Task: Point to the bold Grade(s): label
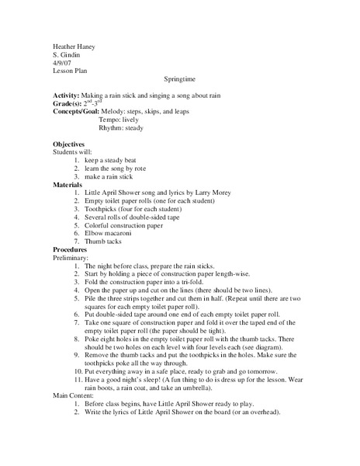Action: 69,103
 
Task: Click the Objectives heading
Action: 69,145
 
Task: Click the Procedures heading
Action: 72,249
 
